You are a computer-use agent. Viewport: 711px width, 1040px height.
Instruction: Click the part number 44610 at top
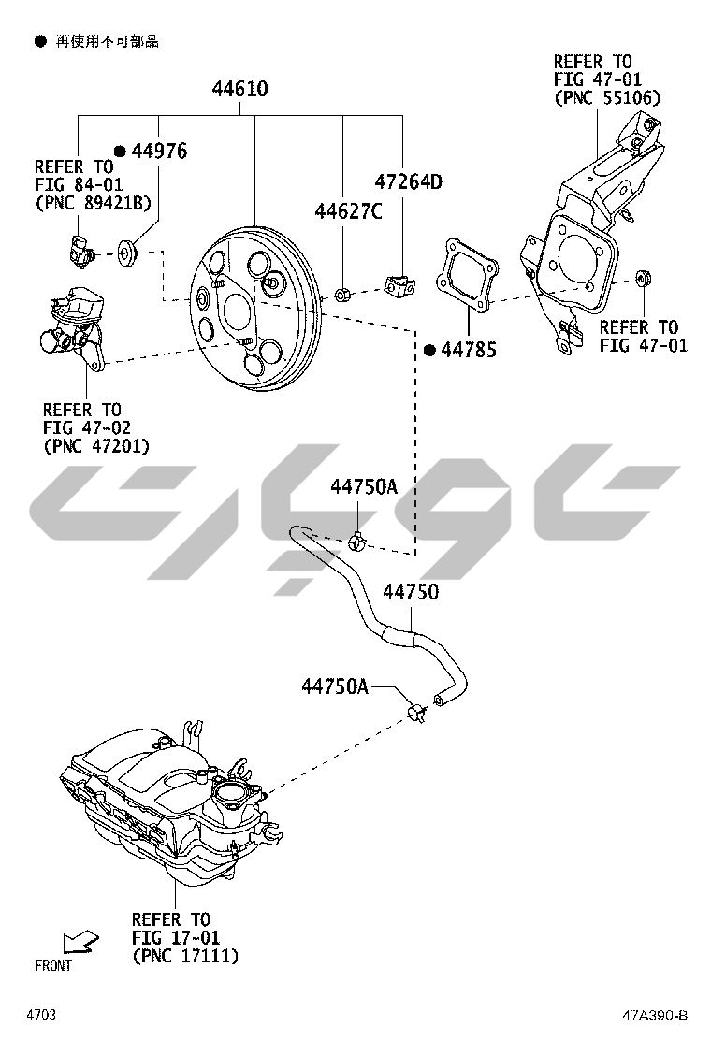coord(239,90)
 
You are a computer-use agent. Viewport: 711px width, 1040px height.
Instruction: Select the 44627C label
coord(347,211)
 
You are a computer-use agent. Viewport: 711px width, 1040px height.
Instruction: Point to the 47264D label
coord(408,181)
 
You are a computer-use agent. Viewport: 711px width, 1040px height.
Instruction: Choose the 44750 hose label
coord(411,592)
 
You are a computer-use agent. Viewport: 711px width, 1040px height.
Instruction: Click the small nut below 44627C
coord(342,295)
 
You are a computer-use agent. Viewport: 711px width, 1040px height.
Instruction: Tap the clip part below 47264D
coord(399,284)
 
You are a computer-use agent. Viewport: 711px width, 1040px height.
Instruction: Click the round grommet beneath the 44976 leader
coord(127,252)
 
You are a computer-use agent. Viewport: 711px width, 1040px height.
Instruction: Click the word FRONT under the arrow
coord(52,965)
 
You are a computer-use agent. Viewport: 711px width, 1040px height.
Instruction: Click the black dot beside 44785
coord(429,350)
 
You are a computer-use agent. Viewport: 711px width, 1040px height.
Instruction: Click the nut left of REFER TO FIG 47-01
coord(643,278)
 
